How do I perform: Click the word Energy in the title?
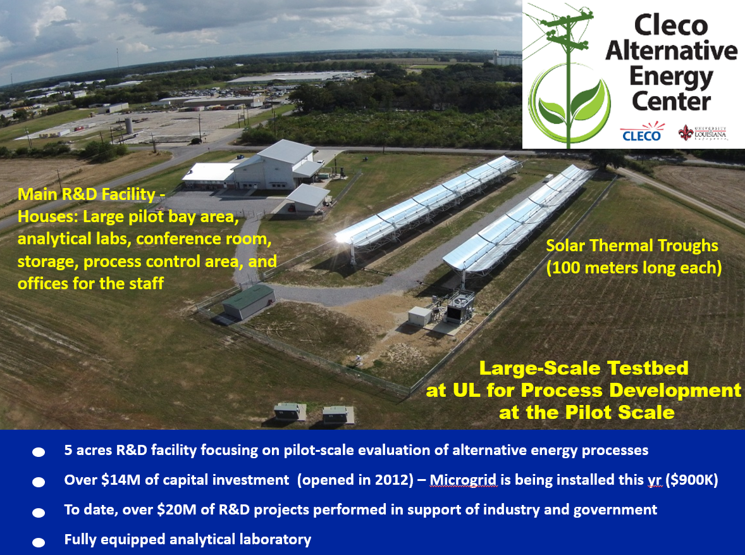pyautogui.click(x=671, y=77)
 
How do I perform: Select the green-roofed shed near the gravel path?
pyautogui.click(x=248, y=301)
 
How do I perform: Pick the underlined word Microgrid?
pyautogui.click(x=463, y=480)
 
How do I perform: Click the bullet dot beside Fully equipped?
pyautogui.click(x=39, y=542)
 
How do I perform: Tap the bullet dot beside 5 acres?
pyautogui.click(x=39, y=452)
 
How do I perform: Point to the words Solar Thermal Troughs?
pyautogui.click(x=632, y=246)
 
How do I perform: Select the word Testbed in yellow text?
pyautogui.click(x=648, y=368)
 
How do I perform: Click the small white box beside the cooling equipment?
pyautogui.click(x=419, y=316)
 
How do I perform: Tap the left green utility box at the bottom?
pyautogui.click(x=290, y=412)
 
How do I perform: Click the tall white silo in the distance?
pyautogui.click(x=129, y=125)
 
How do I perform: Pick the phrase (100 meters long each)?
pyautogui.click(x=634, y=268)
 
